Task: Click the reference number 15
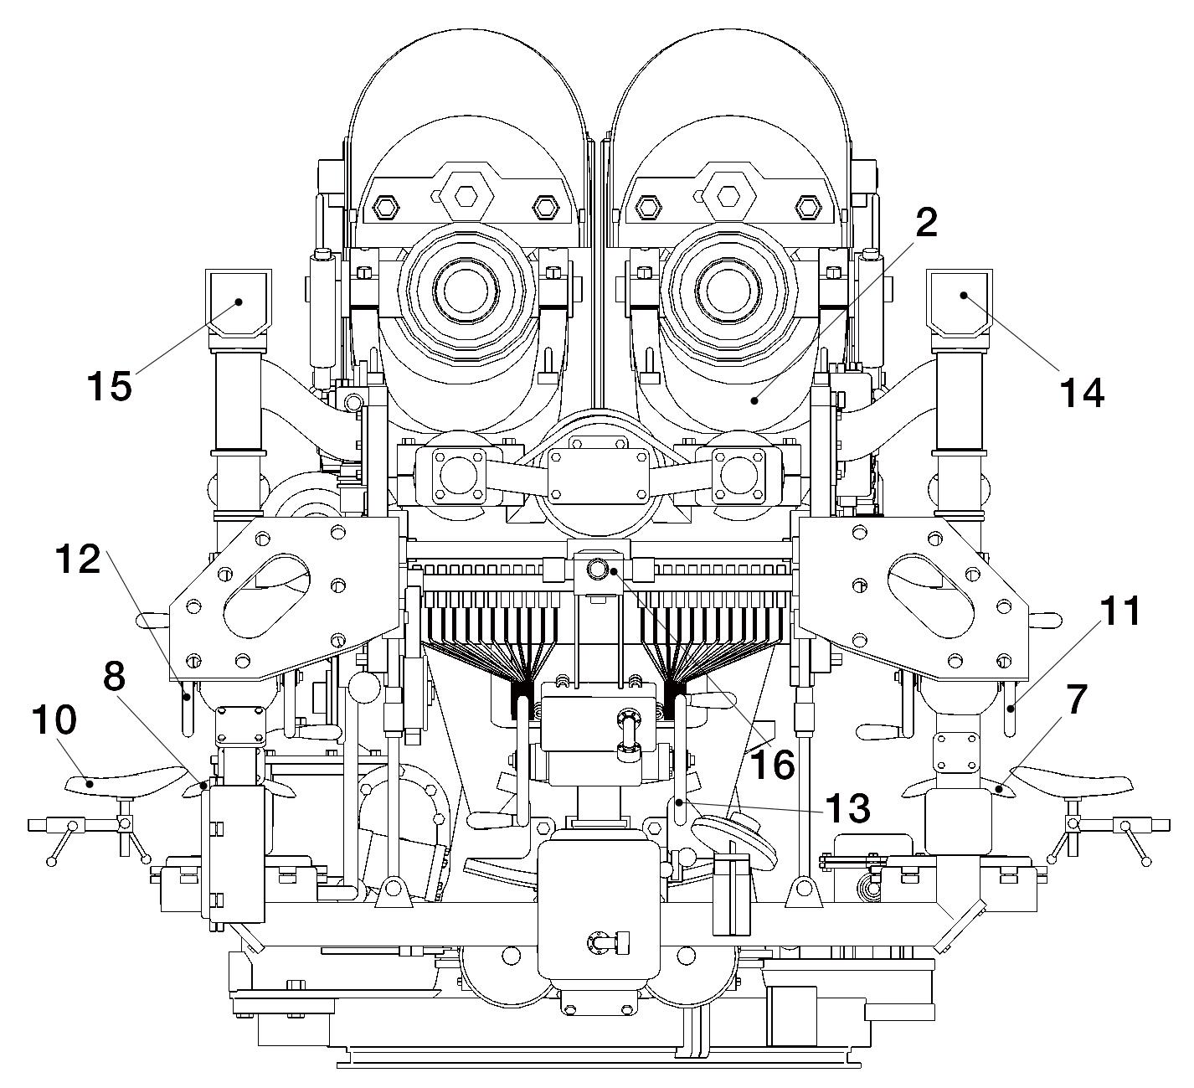(x=110, y=386)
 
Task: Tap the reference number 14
(x=1082, y=392)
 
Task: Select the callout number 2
(x=926, y=223)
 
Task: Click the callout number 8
(x=114, y=676)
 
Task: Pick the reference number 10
(x=54, y=719)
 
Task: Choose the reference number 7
(x=1077, y=699)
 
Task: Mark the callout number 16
(x=772, y=764)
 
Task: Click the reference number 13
(x=847, y=808)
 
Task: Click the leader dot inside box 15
(x=239, y=302)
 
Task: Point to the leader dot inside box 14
(x=963, y=295)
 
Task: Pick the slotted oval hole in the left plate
(x=266, y=596)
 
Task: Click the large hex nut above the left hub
(x=466, y=194)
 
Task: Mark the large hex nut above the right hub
(x=728, y=194)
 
